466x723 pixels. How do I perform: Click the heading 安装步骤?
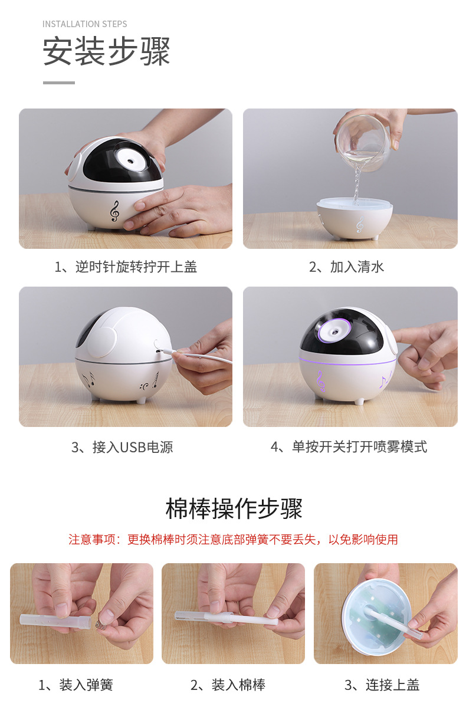[107, 52]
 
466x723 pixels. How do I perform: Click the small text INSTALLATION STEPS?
[84, 24]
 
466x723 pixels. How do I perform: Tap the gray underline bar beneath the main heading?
[59, 83]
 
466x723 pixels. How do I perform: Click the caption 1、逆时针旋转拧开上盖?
[126, 267]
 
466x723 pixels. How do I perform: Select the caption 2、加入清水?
[347, 267]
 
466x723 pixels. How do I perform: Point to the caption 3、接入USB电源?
[122, 447]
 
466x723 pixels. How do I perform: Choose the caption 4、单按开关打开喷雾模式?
[349, 447]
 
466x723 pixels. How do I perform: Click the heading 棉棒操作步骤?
[234, 509]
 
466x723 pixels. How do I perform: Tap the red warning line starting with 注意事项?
[233, 540]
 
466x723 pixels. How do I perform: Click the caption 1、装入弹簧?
[76, 685]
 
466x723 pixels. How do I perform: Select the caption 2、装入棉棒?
[228, 685]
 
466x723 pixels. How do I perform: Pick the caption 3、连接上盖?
[382, 685]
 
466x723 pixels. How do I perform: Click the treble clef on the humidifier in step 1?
[114, 211]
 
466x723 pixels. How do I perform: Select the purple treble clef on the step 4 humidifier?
[320, 382]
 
